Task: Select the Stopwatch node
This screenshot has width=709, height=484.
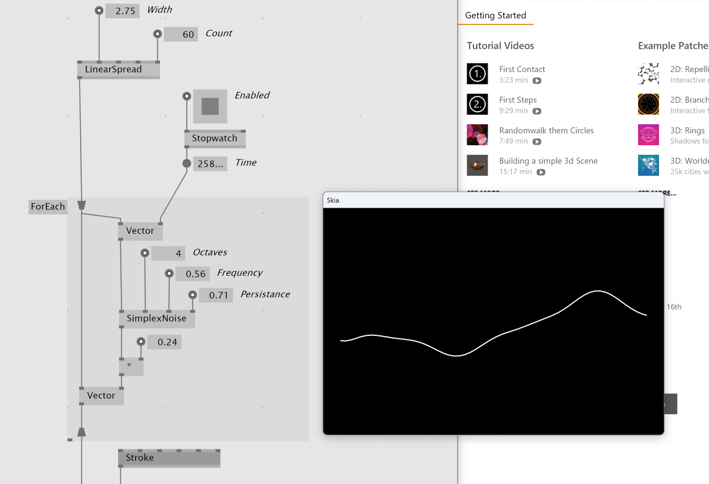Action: (x=215, y=138)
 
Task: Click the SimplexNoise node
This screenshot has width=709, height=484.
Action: (x=157, y=319)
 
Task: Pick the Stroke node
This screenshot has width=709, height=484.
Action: (x=169, y=458)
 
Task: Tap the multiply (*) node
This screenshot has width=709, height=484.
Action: (x=131, y=367)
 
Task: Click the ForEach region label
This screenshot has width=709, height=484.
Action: (x=48, y=207)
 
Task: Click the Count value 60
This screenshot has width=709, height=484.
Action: (x=181, y=34)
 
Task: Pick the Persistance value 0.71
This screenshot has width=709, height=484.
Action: (x=216, y=295)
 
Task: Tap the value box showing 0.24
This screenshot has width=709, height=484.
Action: (x=164, y=342)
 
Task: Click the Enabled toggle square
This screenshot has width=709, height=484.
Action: (x=210, y=106)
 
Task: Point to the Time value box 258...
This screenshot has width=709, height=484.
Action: (x=210, y=164)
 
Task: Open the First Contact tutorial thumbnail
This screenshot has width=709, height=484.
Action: (x=477, y=74)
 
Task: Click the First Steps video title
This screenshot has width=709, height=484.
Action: (x=518, y=100)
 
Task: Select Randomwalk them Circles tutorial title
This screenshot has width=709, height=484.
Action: (x=546, y=131)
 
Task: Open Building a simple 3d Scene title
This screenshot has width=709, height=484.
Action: (x=548, y=161)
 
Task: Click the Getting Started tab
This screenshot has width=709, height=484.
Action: (x=496, y=15)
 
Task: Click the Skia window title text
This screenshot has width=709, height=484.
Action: (x=333, y=200)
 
